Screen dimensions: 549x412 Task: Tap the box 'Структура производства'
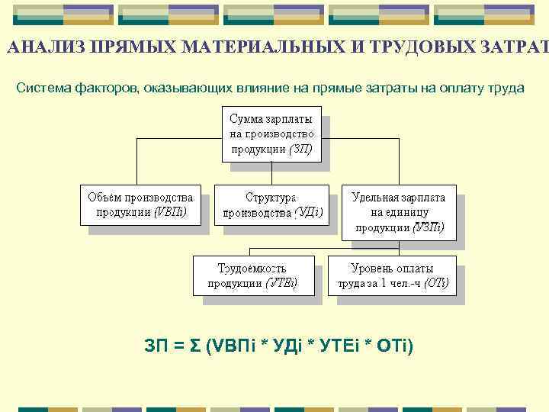tap(272, 204)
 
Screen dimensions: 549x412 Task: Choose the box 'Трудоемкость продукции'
tap(252, 275)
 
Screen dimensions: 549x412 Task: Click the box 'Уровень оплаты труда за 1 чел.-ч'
tap(392, 275)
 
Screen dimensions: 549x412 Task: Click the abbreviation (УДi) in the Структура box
tap(309, 212)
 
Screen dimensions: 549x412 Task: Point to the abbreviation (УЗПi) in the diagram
tap(429, 227)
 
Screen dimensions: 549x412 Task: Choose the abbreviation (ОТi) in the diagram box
tap(436, 284)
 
